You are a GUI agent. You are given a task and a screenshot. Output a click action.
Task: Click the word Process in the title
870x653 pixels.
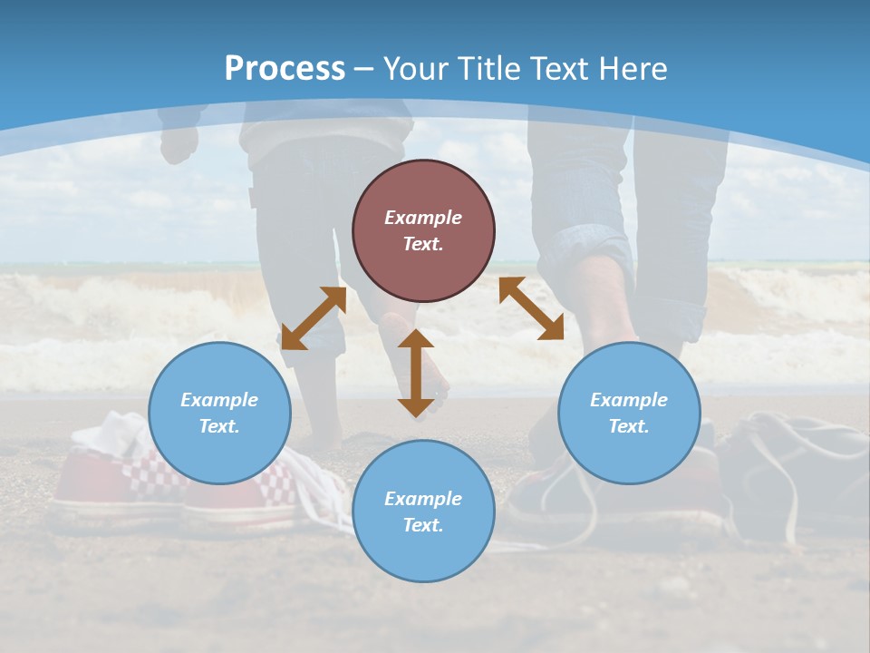(285, 69)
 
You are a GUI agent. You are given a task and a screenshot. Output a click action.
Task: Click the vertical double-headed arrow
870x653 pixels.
(416, 373)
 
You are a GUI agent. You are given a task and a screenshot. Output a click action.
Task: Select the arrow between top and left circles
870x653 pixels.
(314, 317)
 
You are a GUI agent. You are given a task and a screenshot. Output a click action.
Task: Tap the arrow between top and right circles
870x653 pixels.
(531, 308)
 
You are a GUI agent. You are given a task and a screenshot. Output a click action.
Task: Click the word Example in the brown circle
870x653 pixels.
(423, 218)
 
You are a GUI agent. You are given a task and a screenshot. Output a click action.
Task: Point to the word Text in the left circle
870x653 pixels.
(219, 426)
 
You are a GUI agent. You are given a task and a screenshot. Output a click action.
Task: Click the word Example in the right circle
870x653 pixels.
(629, 400)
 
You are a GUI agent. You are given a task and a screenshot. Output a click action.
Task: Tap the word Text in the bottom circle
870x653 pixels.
(423, 525)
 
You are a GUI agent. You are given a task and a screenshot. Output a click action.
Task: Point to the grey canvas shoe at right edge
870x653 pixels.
(797, 472)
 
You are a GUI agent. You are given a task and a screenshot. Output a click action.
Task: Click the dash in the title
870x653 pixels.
(364, 69)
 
